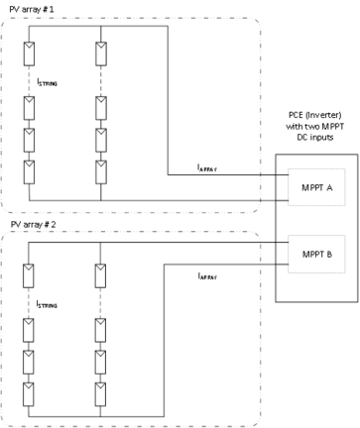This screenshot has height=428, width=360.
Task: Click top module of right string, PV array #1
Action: click(100, 51)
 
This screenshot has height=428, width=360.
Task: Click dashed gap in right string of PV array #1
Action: click(100, 79)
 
